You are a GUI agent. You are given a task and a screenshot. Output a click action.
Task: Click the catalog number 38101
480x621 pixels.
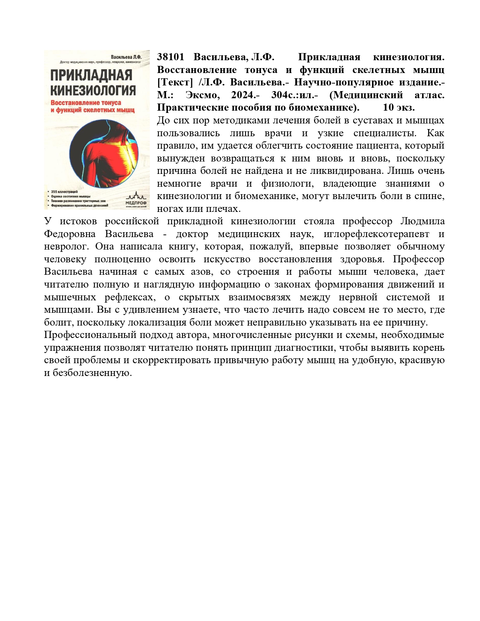170,57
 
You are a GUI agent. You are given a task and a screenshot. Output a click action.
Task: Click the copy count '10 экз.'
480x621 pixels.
399,108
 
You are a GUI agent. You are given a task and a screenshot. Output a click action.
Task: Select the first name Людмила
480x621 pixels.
422,221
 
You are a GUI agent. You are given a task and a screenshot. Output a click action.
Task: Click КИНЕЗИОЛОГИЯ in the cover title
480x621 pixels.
93,90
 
